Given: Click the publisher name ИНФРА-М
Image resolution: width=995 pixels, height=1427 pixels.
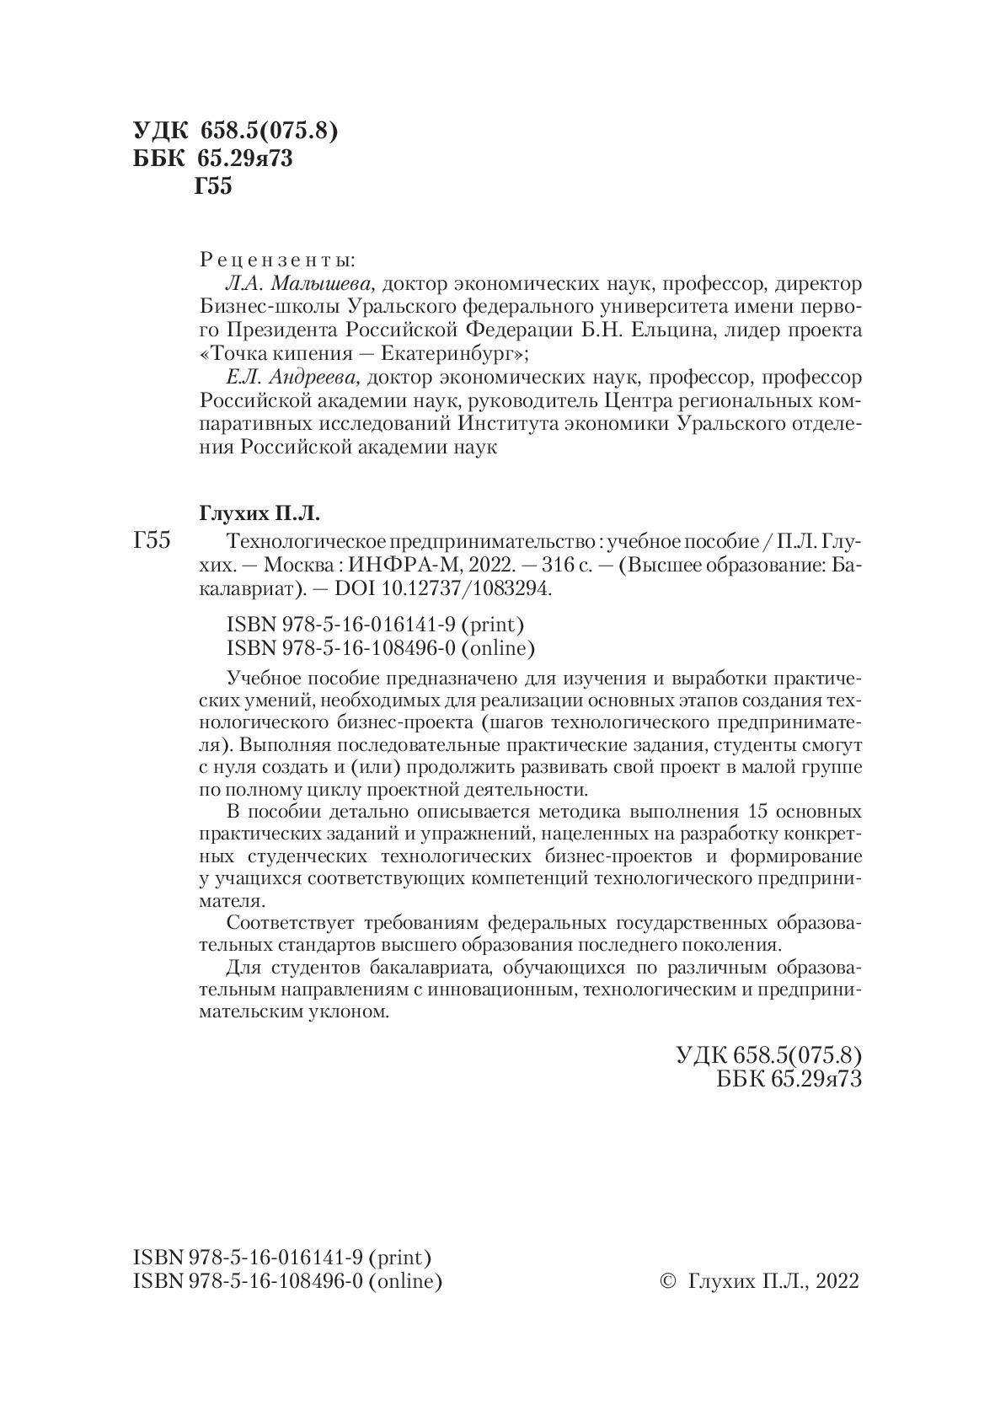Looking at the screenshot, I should click(400, 565).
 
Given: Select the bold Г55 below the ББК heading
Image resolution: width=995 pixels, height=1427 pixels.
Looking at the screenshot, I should click(212, 186).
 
